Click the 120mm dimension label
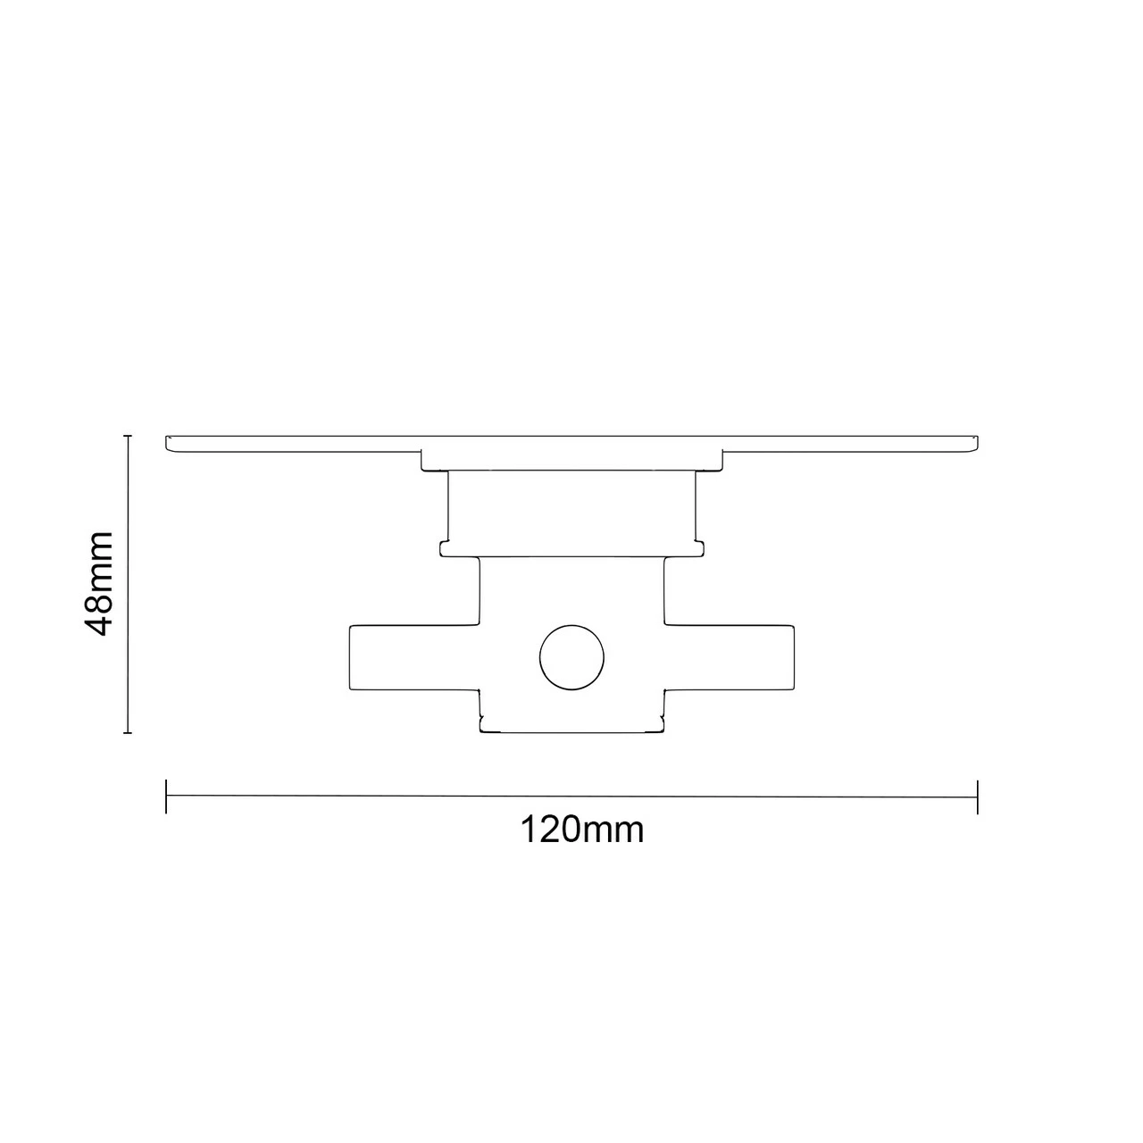point(581,830)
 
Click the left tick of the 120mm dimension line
point(166,797)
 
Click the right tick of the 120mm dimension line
point(978,797)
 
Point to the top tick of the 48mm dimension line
point(128,436)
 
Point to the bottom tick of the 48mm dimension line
point(128,733)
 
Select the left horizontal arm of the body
point(411,658)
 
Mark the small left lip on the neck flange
point(444,547)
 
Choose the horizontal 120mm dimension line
point(571,797)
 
